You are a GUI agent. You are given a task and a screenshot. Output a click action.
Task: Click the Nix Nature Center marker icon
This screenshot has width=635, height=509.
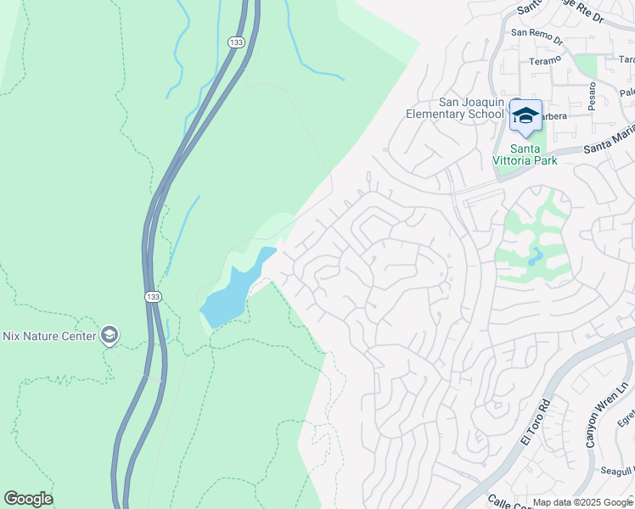click(x=109, y=335)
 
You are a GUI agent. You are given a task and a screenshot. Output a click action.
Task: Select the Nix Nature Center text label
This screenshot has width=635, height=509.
click(x=47, y=336)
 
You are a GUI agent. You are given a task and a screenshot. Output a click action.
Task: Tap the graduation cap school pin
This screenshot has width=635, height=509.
click(x=525, y=116)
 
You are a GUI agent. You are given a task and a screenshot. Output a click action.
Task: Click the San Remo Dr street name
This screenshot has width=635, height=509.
click(x=537, y=36)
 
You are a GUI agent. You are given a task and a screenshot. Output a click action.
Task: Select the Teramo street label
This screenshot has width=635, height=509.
click(x=545, y=60)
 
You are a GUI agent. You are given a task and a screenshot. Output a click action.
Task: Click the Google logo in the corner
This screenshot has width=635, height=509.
click(x=28, y=499)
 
